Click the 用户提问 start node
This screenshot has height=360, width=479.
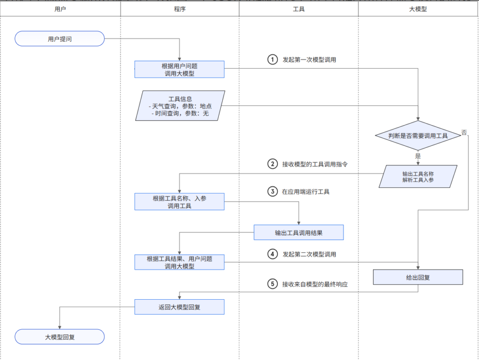coord(59,39)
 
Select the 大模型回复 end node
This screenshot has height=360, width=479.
coord(59,337)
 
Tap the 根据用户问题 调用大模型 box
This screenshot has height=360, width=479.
coord(180,69)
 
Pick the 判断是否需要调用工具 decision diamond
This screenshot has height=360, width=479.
coord(418,136)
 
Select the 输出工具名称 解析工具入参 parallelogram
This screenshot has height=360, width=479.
coord(418,176)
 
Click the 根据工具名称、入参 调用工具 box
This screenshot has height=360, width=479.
coord(180,202)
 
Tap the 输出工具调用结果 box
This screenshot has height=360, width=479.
coord(298,232)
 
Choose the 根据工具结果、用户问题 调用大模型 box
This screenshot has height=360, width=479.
coord(180,262)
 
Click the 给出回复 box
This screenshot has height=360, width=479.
coord(418,277)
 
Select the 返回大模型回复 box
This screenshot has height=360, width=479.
coord(180,307)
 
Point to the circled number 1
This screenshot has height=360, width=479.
coord(273,60)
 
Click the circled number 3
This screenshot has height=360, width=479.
coord(273,191)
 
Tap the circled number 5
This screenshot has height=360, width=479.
coord(273,284)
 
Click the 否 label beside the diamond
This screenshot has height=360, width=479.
coord(464,132)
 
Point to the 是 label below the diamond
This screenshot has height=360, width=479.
coord(418,156)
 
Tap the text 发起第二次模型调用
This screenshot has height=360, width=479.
coord(309,254)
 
